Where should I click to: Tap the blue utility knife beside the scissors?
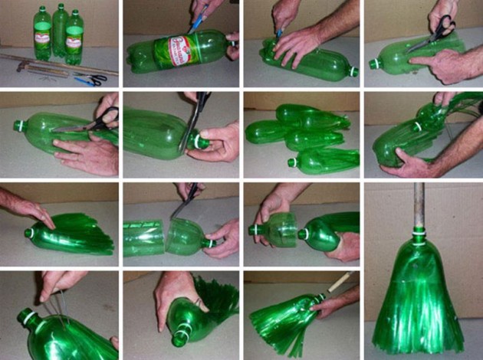[84, 80]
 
